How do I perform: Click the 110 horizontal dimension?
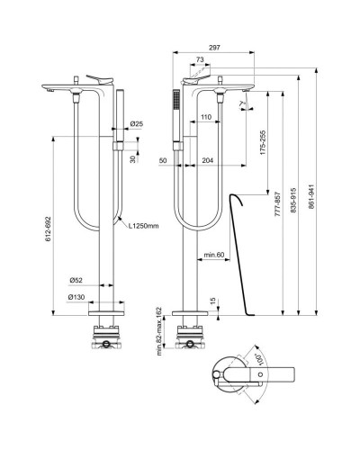[x=206, y=118]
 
